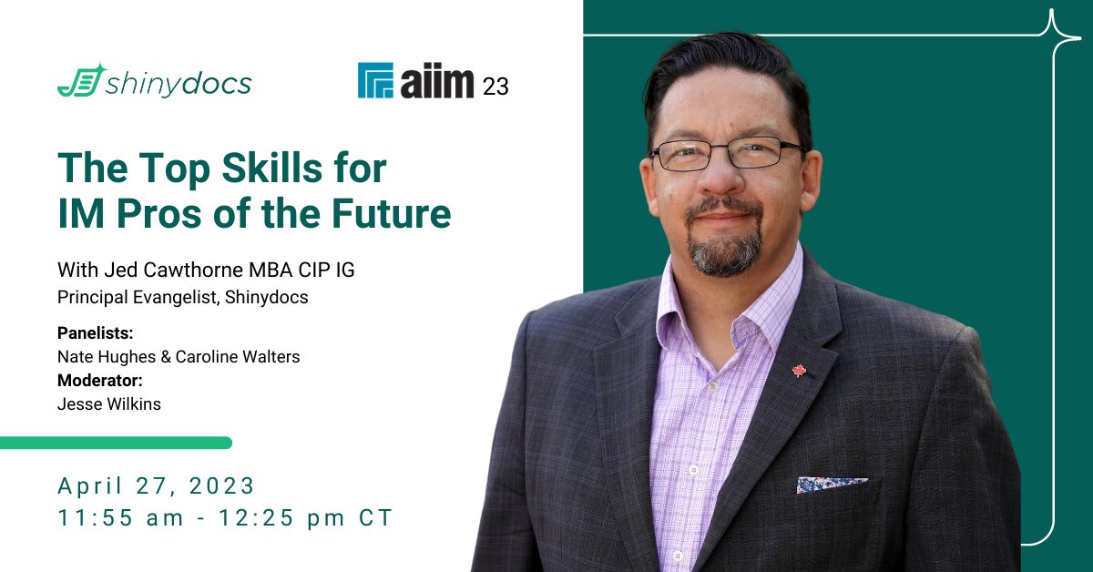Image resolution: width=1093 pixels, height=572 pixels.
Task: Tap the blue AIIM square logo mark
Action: tap(375, 80)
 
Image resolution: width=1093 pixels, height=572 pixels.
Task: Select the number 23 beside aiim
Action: tap(495, 87)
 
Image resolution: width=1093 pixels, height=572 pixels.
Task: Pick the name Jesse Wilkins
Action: tap(109, 404)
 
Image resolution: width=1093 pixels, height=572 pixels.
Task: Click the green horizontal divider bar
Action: tap(116, 443)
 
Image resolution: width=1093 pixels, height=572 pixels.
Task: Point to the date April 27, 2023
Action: tap(157, 485)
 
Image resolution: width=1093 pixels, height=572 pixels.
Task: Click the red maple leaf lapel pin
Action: tap(799, 371)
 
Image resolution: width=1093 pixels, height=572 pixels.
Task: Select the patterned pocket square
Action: tap(831, 485)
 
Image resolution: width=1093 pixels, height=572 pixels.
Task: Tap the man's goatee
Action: tap(725, 250)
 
